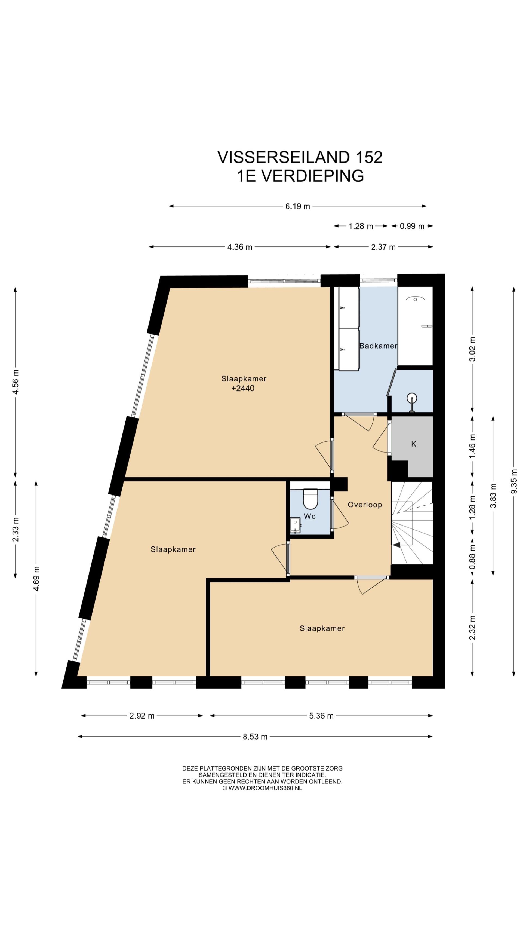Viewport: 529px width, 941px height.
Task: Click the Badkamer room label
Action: click(378, 346)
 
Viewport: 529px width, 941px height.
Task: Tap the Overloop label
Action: click(364, 505)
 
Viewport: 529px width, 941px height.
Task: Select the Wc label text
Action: click(310, 516)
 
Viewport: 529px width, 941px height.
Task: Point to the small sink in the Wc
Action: click(295, 525)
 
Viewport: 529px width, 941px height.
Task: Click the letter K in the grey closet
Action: click(413, 444)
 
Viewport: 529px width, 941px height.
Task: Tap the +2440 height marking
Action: click(243, 388)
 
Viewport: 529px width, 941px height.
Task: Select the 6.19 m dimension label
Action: click(297, 206)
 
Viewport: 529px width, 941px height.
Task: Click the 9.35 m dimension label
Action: click(514, 481)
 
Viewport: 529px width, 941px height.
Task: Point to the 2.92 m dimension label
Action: click(142, 716)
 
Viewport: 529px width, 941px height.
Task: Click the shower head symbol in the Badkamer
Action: click(415, 298)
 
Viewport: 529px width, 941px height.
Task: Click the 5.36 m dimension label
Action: click(321, 716)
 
